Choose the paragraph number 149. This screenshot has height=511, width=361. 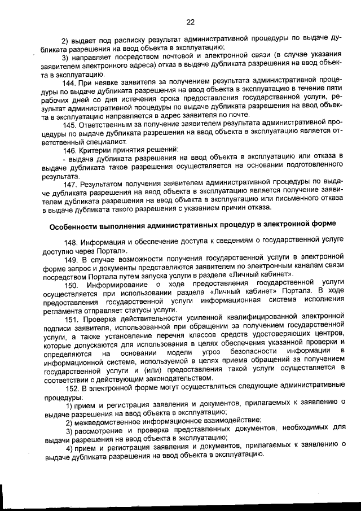pos(72,260)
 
